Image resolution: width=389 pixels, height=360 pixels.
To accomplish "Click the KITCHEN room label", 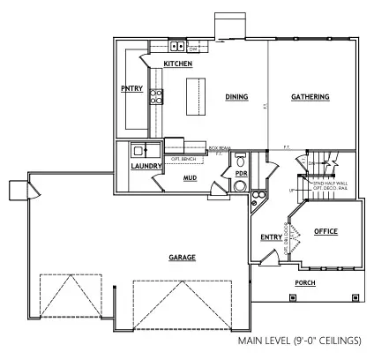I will [x=178, y=64].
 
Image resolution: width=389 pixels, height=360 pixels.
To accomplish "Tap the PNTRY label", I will [x=132, y=88].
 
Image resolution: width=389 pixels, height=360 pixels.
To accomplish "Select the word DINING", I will [x=236, y=97].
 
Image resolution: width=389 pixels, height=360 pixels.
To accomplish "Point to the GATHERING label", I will [x=310, y=97].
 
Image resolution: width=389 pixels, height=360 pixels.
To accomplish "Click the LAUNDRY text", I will [x=145, y=165].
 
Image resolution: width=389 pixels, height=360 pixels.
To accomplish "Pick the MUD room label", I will [x=190, y=177].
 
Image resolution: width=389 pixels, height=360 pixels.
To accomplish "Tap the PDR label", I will [x=241, y=173].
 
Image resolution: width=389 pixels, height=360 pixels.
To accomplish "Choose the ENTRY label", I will [x=271, y=236].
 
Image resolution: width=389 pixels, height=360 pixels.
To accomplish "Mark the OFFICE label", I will [x=326, y=231].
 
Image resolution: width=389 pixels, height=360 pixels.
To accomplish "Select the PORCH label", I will [x=305, y=283].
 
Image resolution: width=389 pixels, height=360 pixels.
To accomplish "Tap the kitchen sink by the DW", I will [x=176, y=47].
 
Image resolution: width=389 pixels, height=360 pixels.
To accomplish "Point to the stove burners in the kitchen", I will [x=156, y=97].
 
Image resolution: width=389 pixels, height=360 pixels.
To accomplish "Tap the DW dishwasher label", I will [x=192, y=48].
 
